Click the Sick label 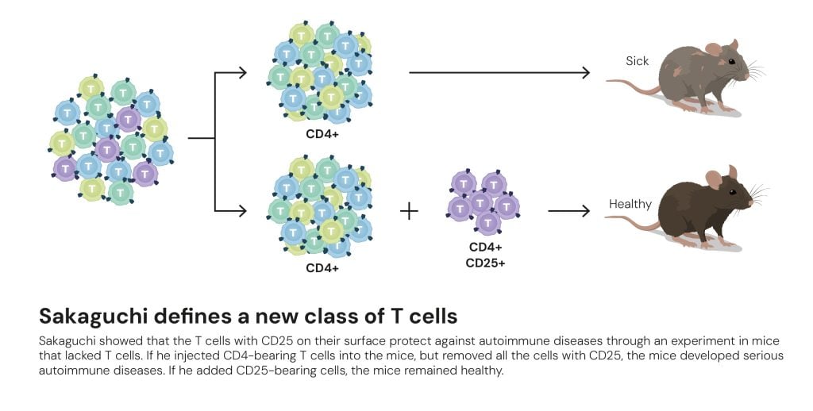[637, 61]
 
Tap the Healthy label [630, 205]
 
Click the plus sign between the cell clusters [409, 211]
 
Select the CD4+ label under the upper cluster [322, 134]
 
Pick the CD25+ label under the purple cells [485, 263]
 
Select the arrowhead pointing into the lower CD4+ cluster [243, 211]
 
